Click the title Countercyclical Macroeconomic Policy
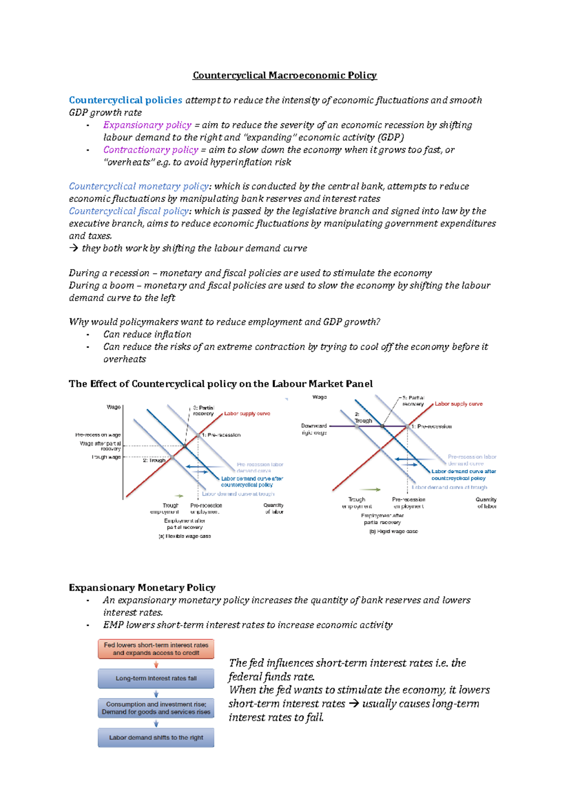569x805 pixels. click(x=284, y=75)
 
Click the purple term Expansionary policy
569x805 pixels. click(x=147, y=125)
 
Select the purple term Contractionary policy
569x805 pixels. click(x=150, y=150)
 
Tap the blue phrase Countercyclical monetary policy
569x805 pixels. click(x=138, y=186)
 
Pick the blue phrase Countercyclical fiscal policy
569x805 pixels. click(x=129, y=211)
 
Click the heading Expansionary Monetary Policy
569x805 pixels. click(x=142, y=588)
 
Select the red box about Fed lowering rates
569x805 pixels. click(x=156, y=649)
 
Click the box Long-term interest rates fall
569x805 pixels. click(x=156, y=678)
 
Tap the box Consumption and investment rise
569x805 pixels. click(x=156, y=708)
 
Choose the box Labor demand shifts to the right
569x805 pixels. click(x=156, y=738)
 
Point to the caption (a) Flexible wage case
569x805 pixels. click(x=184, y=536)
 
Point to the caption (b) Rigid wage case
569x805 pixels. click(x=393, y=531)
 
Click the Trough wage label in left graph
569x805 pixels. click(x=106, y=457)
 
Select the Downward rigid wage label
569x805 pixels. click(x=314, y=429)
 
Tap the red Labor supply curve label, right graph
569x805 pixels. click(x=459, y=404)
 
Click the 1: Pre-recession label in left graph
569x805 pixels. click(x=221, y=435)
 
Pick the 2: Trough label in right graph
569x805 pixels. click(x=363, y=417)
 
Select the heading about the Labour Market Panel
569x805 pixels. click(x=220, y=384)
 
